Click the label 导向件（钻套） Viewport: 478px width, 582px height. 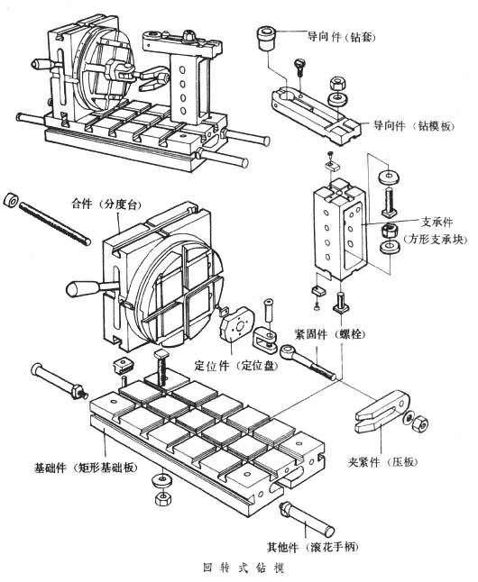(341, 37)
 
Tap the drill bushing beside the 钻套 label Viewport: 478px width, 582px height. (267, 38)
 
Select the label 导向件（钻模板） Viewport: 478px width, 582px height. (414, 125)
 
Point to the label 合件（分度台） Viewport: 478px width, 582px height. (106, 204)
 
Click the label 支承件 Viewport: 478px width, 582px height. (437, 222)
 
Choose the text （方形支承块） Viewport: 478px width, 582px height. (435, 239)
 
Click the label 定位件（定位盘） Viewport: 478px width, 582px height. (236, 366)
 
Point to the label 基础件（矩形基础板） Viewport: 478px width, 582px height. (86, 468)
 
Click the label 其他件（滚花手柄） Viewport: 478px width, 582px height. (313, 547)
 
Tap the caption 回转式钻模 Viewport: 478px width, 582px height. (244, 568)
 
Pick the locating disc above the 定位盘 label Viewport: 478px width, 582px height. (237, 323)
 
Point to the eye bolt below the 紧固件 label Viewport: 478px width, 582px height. (308, 362)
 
